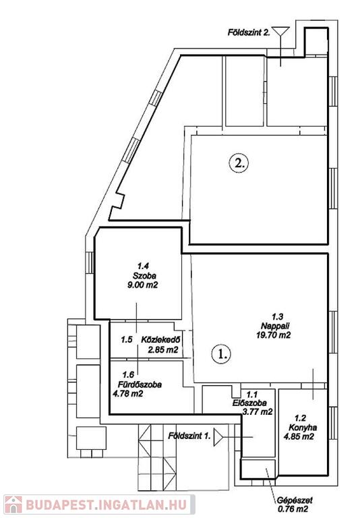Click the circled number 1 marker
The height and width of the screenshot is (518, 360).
tap(220, 354)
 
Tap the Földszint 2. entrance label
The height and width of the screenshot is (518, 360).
tap(249, 32)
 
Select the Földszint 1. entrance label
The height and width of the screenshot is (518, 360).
tap(189, 436)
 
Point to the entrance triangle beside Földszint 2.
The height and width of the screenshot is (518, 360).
tap(280, 31)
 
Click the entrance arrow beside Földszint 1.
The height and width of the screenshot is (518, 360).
tap(218, 437)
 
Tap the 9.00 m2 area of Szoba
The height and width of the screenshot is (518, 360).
tap(143, 285)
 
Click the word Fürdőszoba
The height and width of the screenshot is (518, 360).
tap(140, 384)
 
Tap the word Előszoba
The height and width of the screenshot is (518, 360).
tap(249, 403)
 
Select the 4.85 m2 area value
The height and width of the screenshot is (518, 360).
tap(299, 437)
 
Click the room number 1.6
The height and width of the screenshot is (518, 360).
tap(128, 375)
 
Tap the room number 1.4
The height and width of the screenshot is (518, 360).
tap(144, 266)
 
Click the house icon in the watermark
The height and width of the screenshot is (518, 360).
tap(13, 505)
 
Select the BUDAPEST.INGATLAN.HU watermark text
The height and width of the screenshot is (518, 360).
tap(106, 505)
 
